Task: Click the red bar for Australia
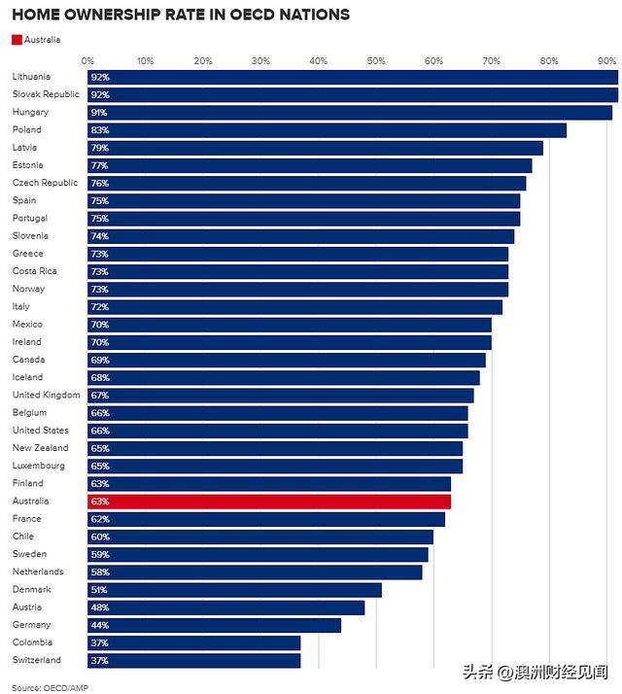[x=268, y=502]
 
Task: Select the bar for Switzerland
[x=193, y=661]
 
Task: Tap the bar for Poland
[x=327, y=130]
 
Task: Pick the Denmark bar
[x=234, y=590]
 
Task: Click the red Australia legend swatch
[x=17, y=40]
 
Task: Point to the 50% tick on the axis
[x=376, y=60]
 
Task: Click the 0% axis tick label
[x=88, y=60]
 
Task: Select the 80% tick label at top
[x=549, y=60]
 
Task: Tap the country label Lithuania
[x=31, y=77]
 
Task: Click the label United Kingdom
[x=46, y=395]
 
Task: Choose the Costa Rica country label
[x=36, y=271]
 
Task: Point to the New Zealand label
[x=40, y=448]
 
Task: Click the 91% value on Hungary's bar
[x=99, y=113]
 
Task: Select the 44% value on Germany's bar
[x=99, y=625]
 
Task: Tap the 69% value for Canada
[x=99, y=360]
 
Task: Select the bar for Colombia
[x=193, y=642]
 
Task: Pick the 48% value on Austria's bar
[x=99, y=607]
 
